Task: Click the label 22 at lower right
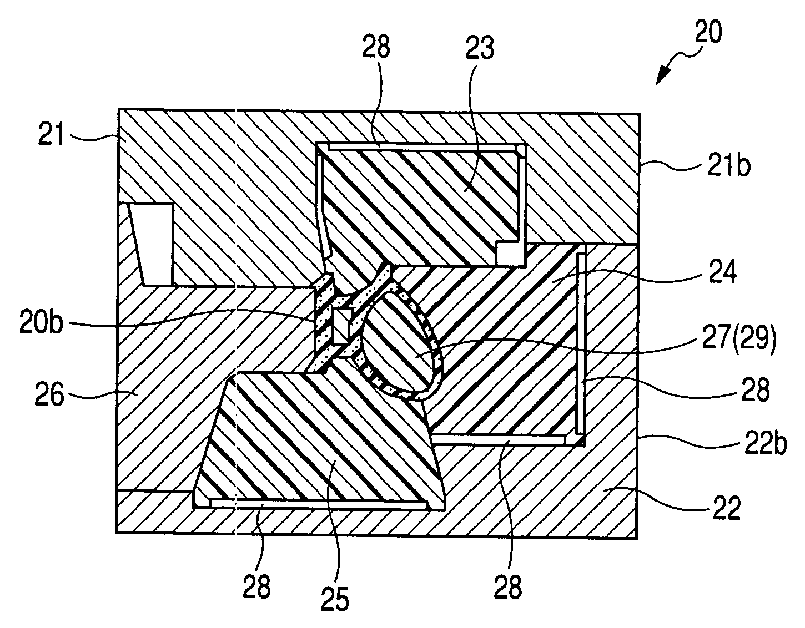(x=725, y=509)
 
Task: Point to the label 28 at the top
(x=377, y=49)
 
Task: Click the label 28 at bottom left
(x=255, y=586)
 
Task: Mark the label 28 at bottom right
(x=507, y=587)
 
